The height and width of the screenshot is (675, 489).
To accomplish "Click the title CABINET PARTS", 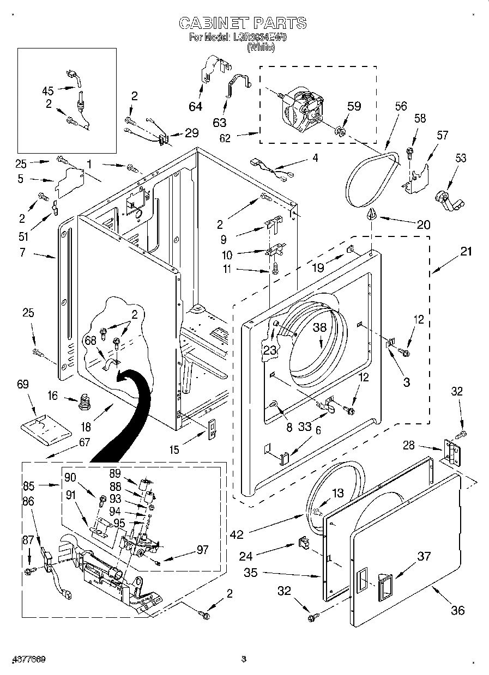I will [243, 23].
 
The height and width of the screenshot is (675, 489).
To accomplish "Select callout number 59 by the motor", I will [354, 106].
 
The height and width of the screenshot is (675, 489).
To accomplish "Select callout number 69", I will [23, 385].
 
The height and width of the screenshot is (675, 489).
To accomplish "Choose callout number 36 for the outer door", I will [458, 610].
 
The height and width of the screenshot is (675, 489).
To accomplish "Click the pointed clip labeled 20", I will [372, 214].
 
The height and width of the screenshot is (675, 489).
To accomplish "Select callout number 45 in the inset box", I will [49, 91].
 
